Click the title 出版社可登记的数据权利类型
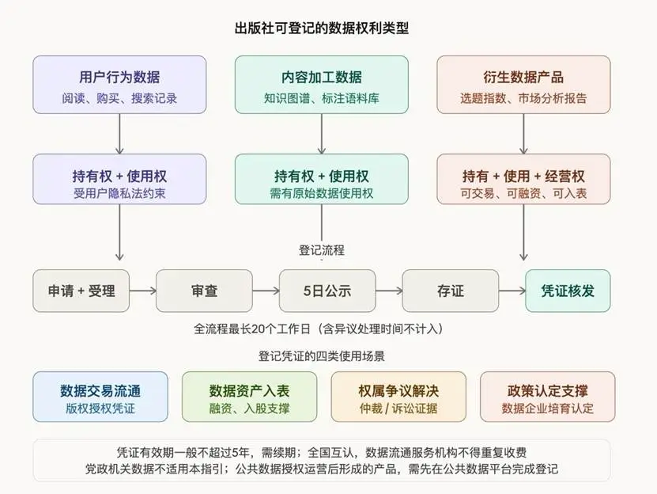tap(321, 28)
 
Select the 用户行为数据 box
tap(119, 85)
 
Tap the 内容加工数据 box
tap(321, 85)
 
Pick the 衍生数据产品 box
tap(523, 85)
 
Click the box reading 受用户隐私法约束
tap(119, 179)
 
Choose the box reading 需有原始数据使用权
tap(321, 179)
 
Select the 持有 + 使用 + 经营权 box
tap(523, 179)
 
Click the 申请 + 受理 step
tap(81, 291)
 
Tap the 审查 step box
tap(204, 291)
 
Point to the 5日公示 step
tap(327, 291)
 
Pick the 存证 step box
tap(451, 291)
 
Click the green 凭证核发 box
tap(568, 291)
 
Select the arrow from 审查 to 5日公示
tap(266, 291)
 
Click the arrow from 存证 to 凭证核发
tap(512, 291)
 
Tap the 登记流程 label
tap(321, 250)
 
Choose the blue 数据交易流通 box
tap(100, 397)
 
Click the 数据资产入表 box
tap(249, 397)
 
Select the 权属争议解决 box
tap(398, 397)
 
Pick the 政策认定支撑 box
tap(548, 397)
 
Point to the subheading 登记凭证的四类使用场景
tap(321, 356)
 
